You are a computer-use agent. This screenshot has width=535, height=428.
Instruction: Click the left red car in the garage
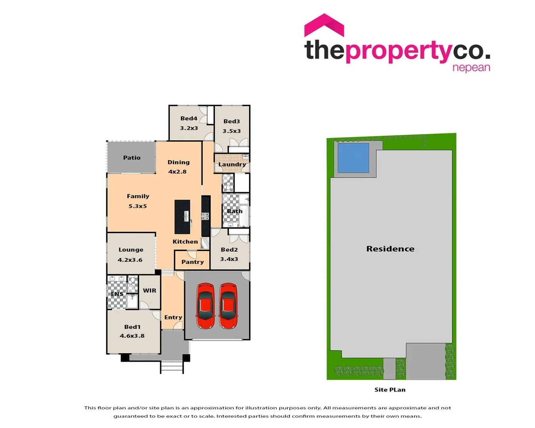coord(205,306)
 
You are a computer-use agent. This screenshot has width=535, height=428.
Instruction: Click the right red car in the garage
coord(228,306)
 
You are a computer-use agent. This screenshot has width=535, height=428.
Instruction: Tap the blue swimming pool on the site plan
coord(353,157)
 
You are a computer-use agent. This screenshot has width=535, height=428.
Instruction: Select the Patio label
coord(132,158)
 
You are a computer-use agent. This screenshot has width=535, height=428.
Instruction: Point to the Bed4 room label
coord(189,118)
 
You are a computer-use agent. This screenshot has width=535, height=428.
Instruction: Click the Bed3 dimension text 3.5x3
coord(232,131)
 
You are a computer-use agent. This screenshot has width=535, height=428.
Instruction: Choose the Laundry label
coord(232,164)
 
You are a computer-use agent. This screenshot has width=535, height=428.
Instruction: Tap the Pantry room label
coord(193,262)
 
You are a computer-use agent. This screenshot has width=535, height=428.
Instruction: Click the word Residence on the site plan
coord(390,249)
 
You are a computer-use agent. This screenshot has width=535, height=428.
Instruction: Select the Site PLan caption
coord(390,390)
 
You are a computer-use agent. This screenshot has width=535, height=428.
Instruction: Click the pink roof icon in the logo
coord(324,25)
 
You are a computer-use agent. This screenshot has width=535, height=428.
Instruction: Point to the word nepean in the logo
coord(471,68)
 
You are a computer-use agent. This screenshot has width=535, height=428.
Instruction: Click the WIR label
coord(150,290)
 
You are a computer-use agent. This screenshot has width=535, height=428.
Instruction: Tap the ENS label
coord(117,294)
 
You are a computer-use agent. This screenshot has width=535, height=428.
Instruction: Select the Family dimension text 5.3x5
coord(138,206)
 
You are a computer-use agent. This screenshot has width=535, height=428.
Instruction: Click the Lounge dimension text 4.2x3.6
coord(130,260)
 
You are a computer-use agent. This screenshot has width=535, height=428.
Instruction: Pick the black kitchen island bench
coord(182,217)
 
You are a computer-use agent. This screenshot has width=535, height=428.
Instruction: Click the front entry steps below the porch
coord(172,367)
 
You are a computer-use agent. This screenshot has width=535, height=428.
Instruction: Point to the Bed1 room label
coord(132,327)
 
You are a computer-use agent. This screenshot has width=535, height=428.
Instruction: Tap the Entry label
coord(173,317)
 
